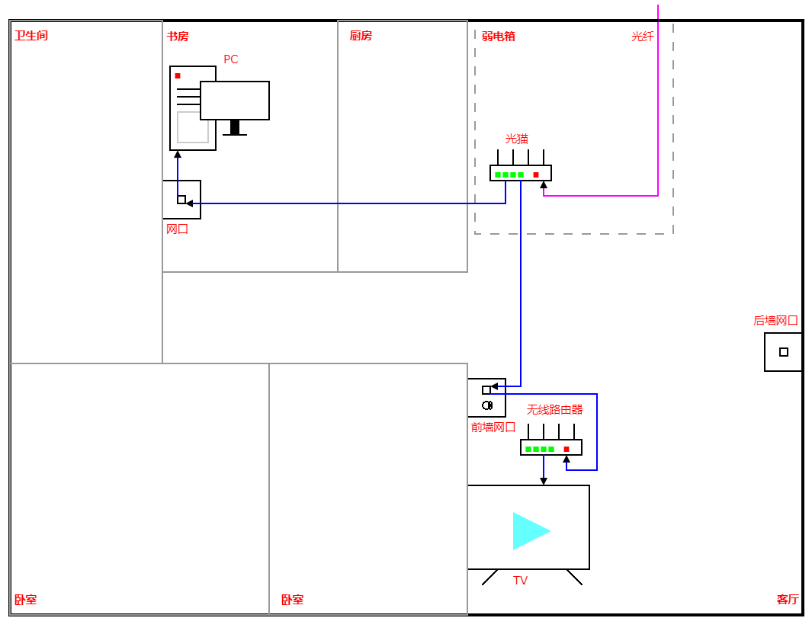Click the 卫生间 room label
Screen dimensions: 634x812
pyautogui.click(x=31, y=36)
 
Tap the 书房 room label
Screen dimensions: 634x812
pyautogui.click(x=178, y=36)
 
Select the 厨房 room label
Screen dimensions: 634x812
pyautogui.click(x=361, y=36)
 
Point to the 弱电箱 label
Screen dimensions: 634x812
pyautogui.click(x=499, y=36)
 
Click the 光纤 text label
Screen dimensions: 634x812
pyautogui.click(x=643, y=36)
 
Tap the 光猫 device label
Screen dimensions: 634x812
pyautogui.click(x=517, y=139)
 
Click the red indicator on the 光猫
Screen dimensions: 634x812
pyautogui.click(x=536, y=175)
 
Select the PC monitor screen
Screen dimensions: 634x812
pyautogui.click(x=235, y=101)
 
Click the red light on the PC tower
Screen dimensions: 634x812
pyautogui.click(x=178, y=75)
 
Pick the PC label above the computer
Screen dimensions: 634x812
pyautogui.click(x=231, y=59)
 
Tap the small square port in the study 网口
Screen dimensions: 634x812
pyautogui.click(x=181, y=200)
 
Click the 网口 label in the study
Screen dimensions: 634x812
pyautogui.click(x=178, y=229)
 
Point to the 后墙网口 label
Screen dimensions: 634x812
pyautogui.click(x=775, y=321)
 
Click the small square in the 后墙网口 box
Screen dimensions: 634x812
pyautogui.click(x=784, y=352)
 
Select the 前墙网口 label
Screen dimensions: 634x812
pyautogui.click(x=493, y=427)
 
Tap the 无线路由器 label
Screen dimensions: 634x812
pyautogui.click(x=555, y=409)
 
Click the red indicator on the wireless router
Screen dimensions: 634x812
pyautogui.click(x=566, y=450)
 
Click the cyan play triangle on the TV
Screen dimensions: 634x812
pyautogui.click(x=529, y=531)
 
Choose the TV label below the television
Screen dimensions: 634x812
pyautogui.click(x=521, y=581)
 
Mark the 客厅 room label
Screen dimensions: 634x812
pyautogui.click(x=788, y=600)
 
